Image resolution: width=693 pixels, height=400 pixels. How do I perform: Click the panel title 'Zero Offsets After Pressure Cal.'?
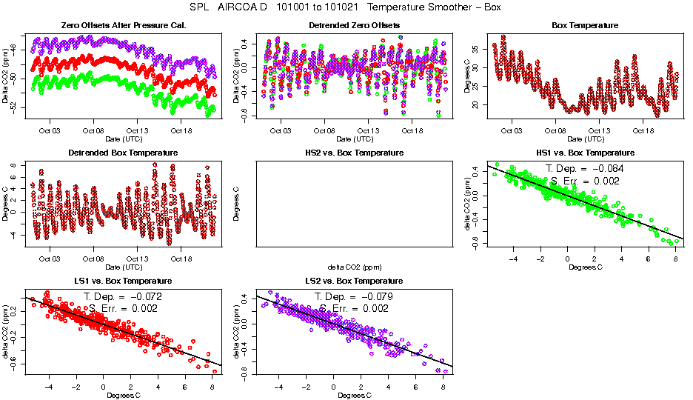pyautogui.click(x=123, y=26)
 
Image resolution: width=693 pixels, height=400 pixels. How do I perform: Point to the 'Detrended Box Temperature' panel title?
pyautogui.click(x=123, y=153)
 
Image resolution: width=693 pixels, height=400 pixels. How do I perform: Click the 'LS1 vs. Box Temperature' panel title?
pyautogui.click(x=123, y=281)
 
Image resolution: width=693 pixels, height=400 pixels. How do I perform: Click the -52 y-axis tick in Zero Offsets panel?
pyautogui.click(x=13, y=107)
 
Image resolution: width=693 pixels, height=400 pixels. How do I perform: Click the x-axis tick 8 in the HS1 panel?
pyautogui.click(x=675, y=259)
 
